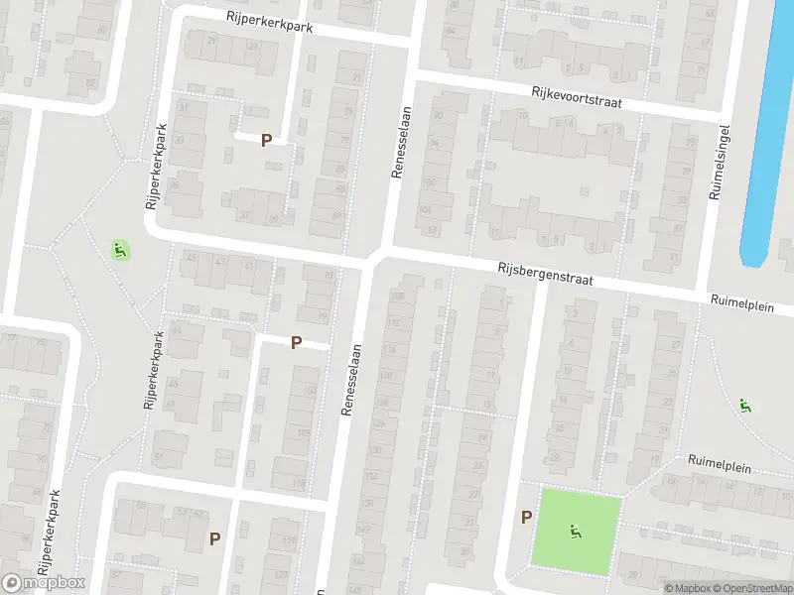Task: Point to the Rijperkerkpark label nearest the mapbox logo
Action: tap(50, 533)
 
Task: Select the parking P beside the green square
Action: tap(526, 516)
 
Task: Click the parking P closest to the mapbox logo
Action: tap(214, 538)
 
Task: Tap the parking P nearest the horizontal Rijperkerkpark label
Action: tap(266, 141)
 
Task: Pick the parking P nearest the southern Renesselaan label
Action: tap(296, 342)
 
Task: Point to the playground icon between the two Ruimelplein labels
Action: tap(744, 405)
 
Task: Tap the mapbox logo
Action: tap(44, 583)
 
